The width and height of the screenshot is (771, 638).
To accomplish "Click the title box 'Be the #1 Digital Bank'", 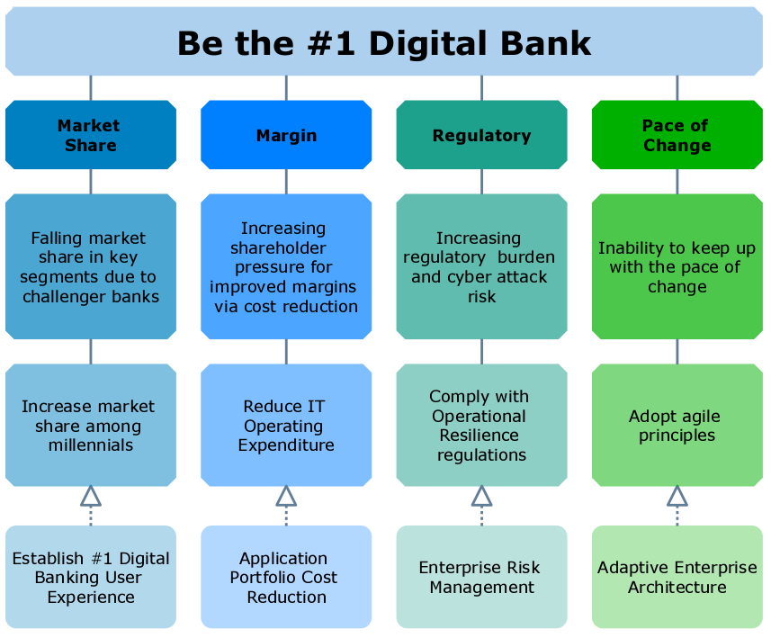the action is tap(384, 41).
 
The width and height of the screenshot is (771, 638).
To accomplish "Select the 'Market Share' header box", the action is tap(91, 135).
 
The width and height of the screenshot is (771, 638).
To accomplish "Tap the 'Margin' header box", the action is tap(286, 135).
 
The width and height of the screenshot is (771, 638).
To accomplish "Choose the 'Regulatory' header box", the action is tap(482, 135).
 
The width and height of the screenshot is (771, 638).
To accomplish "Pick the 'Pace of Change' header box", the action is tap(677, 135).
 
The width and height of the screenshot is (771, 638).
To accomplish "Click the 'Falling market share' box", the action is tap(91, 266).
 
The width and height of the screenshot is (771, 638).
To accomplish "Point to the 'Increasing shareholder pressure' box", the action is tap(286, 266).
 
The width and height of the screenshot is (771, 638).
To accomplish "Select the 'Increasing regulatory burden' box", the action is tap(482, 266).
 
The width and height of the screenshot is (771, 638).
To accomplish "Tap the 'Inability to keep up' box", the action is tap(677, 266).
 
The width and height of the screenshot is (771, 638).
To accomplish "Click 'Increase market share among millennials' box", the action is tap(91, 426).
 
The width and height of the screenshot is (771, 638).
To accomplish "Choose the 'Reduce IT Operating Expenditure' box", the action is tap(286, 426).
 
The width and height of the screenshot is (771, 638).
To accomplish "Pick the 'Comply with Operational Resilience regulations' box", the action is tap(482, 426).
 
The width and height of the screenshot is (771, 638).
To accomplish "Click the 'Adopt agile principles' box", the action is tap(677, 426).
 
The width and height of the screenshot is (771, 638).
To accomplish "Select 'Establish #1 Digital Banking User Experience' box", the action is tap(91, 577).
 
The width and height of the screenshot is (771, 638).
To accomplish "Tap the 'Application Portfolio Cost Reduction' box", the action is tap(286, 577).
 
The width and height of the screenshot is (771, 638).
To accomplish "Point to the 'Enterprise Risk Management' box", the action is tap(482, 577).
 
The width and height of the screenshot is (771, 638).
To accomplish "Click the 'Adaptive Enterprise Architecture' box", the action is tap(677, 577).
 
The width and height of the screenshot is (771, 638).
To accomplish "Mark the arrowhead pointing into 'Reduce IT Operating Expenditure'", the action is tap(286, 497).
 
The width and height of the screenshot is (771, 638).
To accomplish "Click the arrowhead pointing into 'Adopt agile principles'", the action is tap(677, 497).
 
